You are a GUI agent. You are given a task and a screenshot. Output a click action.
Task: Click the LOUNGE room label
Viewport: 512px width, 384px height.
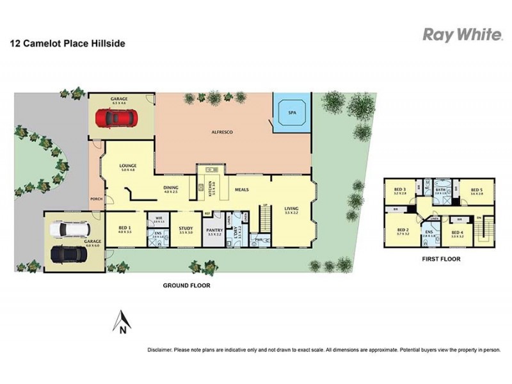[128, 166]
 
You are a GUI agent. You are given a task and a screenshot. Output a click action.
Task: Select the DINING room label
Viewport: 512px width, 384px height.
[170, 188]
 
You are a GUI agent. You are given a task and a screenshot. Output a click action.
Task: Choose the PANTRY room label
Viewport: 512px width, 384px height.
[214, 232]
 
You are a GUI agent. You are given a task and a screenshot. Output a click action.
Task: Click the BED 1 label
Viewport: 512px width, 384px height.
[125, 227]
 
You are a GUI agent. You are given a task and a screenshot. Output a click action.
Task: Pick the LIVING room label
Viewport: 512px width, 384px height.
[291, 209]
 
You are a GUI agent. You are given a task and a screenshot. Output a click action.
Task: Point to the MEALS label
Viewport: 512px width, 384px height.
[241, 190]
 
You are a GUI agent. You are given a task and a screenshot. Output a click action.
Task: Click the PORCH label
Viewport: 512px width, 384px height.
[96, 198]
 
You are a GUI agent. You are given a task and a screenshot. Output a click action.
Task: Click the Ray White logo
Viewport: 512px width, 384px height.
[462, 35]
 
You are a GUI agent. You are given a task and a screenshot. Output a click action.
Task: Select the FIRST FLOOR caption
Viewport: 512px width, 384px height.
[442, 259]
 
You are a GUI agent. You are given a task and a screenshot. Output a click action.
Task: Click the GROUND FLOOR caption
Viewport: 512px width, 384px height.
[187, 285]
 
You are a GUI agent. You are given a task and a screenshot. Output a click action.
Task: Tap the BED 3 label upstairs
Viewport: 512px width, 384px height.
[400, 190]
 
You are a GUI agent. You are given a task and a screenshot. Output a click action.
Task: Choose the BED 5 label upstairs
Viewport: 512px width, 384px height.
[476, 190]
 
